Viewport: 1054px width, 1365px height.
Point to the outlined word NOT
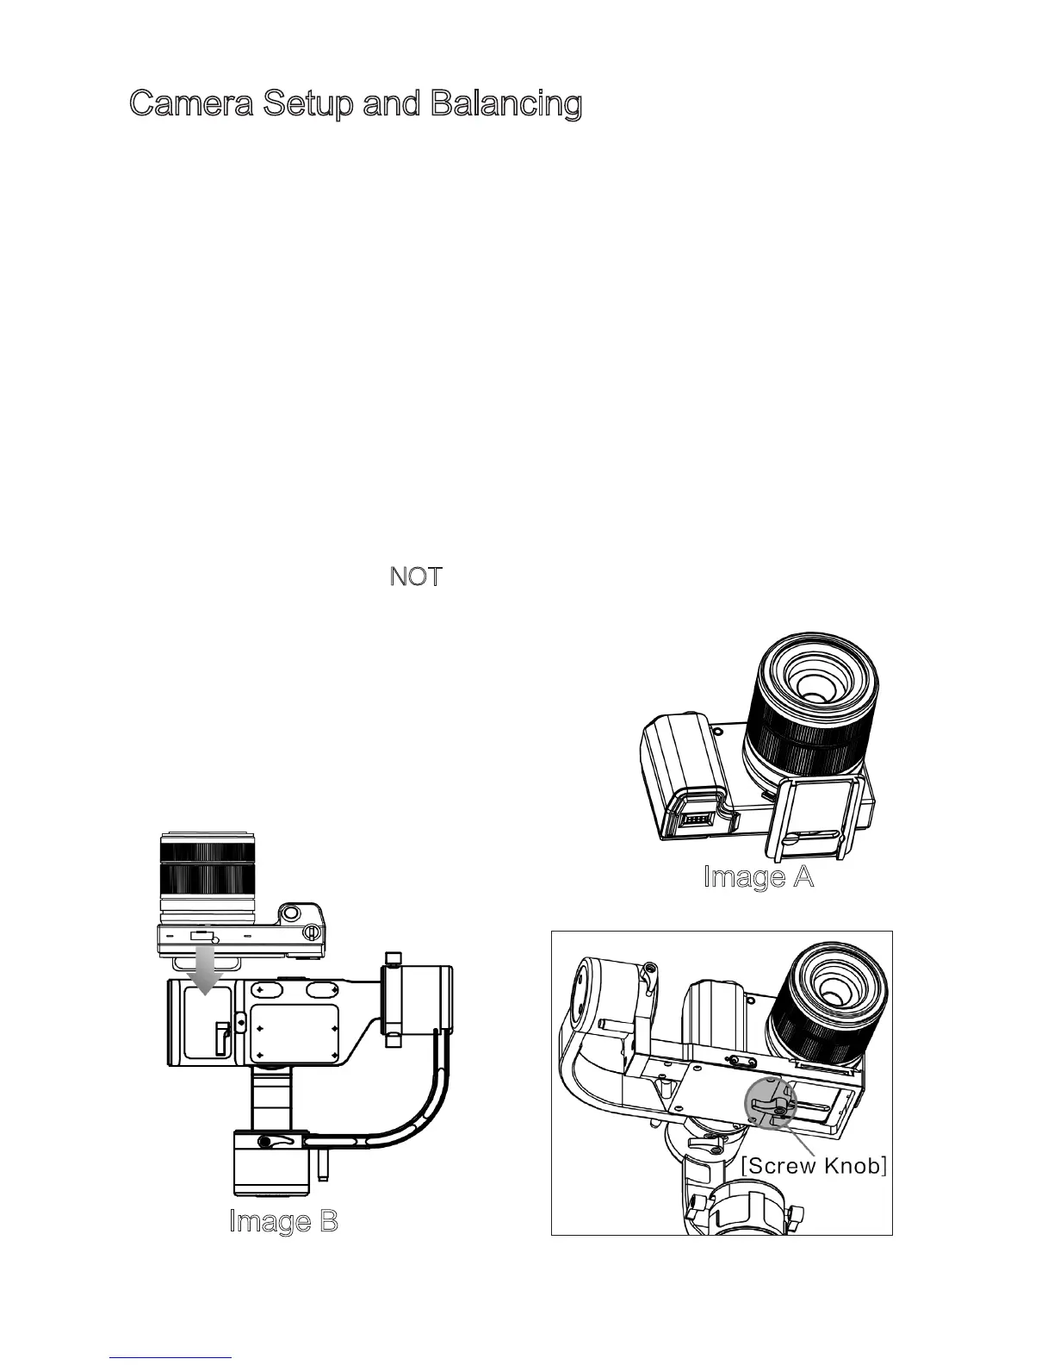[416, 577]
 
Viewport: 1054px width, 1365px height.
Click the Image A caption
[759, 877]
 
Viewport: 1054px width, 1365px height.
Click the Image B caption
[283, 1221]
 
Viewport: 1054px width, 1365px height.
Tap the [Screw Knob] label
[814, 1166]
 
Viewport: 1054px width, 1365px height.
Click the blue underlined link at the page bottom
[171, 1356]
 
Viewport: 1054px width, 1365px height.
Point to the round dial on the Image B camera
[290, 913]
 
